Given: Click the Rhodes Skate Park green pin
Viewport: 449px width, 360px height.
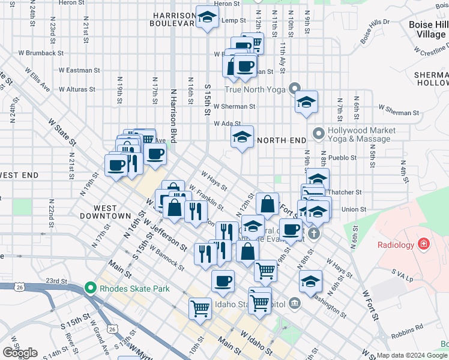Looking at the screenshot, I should [91, 289].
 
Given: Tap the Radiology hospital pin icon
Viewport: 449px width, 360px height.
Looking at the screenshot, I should [424, 245].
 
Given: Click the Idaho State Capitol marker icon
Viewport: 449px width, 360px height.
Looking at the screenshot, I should [294, 303].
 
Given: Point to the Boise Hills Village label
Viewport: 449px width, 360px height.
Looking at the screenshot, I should [428, 29].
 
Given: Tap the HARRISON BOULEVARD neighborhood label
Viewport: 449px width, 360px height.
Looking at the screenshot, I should [173, 19].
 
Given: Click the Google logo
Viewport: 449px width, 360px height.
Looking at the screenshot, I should [20, 353].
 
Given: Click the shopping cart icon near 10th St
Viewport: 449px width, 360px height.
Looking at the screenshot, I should [200, 308].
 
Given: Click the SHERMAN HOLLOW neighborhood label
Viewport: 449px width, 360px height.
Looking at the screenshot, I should [431, 78].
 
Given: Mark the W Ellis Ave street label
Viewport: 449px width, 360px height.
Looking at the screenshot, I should [37, 79].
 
